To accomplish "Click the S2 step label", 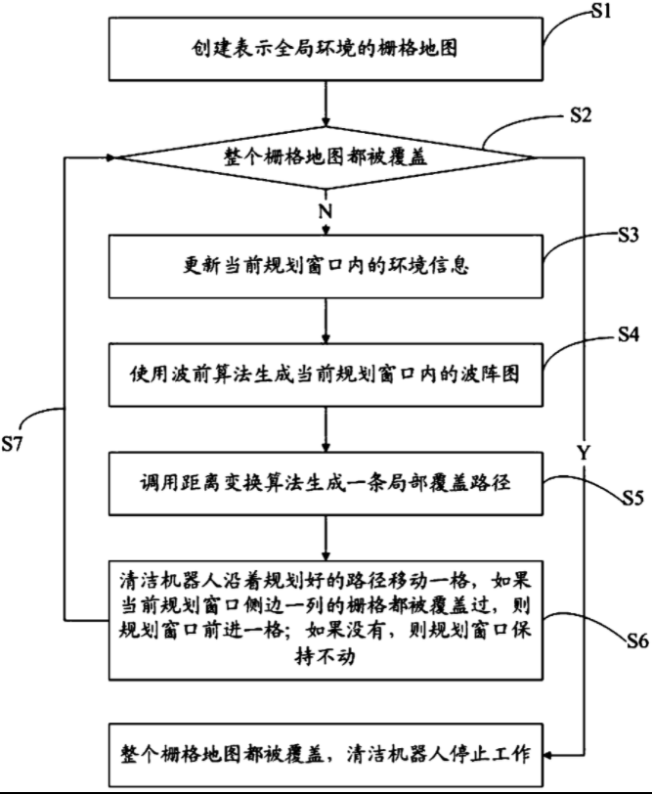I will click(x=581, y=115).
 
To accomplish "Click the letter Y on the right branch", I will click(x=584, y=453).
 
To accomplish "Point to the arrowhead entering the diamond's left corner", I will click(x=110, y=156).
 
